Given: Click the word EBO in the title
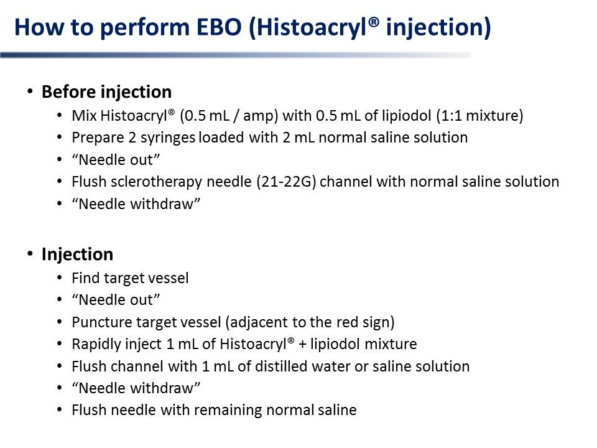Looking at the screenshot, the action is pyautogui.click(x=219, y=27).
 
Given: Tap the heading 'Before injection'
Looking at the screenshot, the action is pyautogui.click(x=106, y=92).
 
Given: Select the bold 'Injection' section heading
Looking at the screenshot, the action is pyautogui.click(x=77, y=254).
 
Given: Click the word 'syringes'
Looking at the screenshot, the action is pyautogui.click(x=168, y=138).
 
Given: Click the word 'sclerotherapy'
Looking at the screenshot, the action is pyautogui.click(x=156, y=182).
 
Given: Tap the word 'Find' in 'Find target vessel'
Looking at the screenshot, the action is pyautogui.click(x=85, y=278).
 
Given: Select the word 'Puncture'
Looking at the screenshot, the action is pyautogui.click(x=101, y=322).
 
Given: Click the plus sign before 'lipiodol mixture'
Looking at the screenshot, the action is pyautogui.click(x=302, y=344).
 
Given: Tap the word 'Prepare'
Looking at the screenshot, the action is pyautogui.click(x=98, y=138).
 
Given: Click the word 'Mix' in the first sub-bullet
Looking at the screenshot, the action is pyautogui.click(x=84, y=116).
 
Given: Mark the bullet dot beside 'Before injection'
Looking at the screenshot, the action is pyautogui.click(x=30, y=91).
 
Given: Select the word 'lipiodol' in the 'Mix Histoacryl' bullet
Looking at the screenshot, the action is pyautogui.click(x=406, y=116).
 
